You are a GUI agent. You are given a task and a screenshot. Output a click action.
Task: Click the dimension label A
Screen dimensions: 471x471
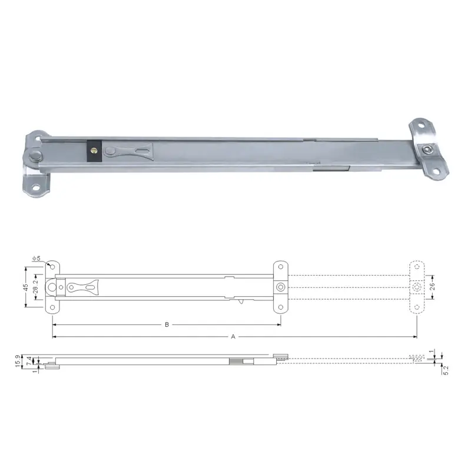click(x=233, y=337)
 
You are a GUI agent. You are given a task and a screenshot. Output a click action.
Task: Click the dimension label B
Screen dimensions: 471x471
click(x=167, y=324)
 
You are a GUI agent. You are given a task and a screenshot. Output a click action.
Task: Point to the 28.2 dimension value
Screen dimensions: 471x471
click(x=35, y=287)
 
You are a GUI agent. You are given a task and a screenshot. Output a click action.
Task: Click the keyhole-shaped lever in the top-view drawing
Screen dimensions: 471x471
click(x=82, y=287)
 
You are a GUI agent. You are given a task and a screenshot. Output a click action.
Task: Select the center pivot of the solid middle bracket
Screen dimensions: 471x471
click(x=281, y=287)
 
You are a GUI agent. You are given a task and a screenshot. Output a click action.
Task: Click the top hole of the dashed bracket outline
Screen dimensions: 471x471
click(x=417, y=267)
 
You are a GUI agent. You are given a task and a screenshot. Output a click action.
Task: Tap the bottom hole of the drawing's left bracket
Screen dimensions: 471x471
click(x=52, y=307)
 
